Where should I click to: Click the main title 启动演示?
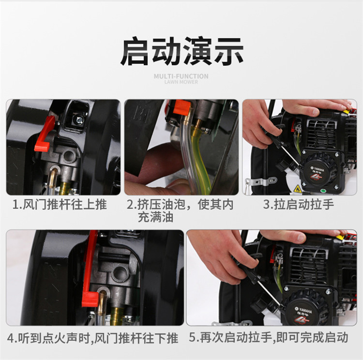coord(181,51)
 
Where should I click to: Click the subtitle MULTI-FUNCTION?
coord(181,76)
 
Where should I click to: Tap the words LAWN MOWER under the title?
coord(181,82)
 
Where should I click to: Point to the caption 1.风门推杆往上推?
coord(60,205)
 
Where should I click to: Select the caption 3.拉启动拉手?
coord(299,205)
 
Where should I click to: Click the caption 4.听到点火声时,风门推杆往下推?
coord(92,338)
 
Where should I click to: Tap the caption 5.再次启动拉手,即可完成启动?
coord(269,337)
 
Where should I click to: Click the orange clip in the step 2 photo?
coord(181,107)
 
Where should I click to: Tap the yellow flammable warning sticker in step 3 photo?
coord(297,189)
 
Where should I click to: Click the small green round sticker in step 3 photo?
coord(323,191)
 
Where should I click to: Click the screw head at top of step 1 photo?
coord(79,120)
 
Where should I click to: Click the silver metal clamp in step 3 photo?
coord(260,181)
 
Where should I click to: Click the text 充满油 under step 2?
coord(155,218)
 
